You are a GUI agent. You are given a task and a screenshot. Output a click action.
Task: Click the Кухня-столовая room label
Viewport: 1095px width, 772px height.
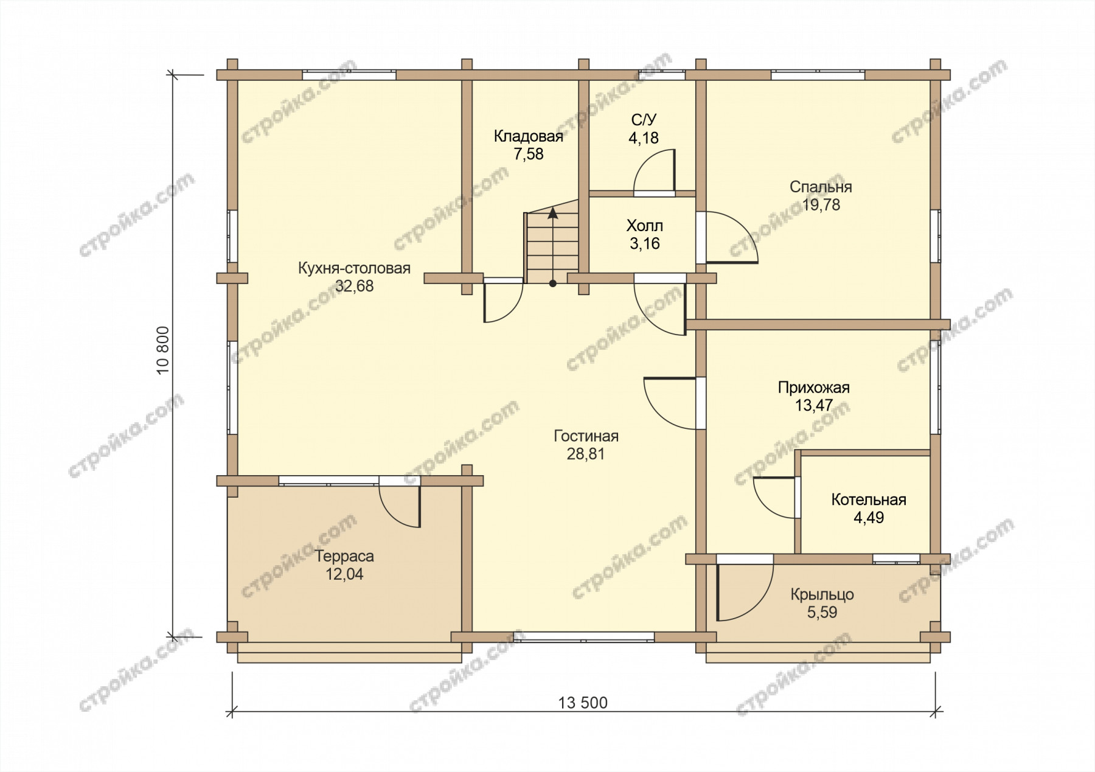354,268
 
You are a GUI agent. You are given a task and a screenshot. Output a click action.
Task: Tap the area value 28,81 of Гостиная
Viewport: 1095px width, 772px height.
586,454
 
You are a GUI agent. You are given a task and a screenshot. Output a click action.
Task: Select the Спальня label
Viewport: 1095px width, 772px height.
821,187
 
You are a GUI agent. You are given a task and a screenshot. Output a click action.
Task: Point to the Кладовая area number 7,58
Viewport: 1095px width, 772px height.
529,154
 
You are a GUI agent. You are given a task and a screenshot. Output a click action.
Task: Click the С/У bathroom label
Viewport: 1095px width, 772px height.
644,119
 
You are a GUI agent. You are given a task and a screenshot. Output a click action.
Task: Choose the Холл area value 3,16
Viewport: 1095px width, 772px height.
645,243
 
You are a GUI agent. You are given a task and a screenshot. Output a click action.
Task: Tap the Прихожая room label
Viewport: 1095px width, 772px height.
814,388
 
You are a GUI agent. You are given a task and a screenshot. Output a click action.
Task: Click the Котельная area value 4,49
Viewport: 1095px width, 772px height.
869,518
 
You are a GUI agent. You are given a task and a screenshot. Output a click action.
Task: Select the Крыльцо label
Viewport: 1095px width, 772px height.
822,594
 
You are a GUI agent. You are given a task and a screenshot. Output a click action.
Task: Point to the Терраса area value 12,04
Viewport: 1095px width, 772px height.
344,574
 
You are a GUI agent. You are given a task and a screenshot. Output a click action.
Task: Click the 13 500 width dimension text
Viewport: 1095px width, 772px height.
583,703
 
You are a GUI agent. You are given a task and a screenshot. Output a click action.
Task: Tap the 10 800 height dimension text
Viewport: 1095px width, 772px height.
162,350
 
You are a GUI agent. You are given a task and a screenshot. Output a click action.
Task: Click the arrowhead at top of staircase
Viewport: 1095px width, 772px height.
552,213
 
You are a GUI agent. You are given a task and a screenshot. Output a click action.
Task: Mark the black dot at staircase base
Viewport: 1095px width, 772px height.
552,283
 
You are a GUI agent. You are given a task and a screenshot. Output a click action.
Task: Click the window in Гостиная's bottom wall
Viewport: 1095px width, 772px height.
584,637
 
